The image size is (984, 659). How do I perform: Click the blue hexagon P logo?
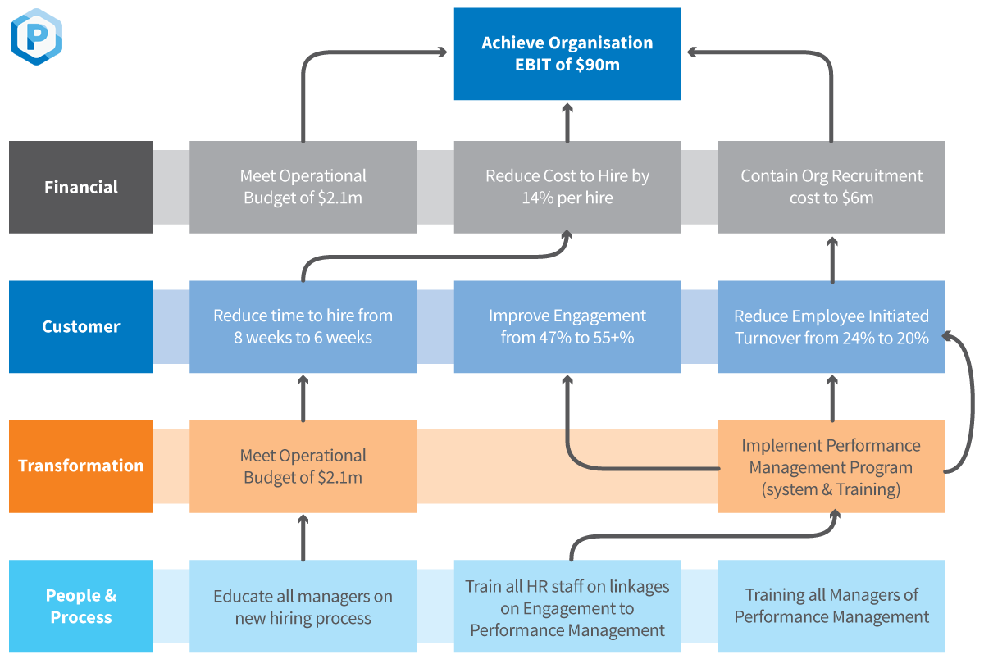tap(36, 37)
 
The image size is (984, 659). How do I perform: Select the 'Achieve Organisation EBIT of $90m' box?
tap(567, 54)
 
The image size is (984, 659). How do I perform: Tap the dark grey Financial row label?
tap(81, 187)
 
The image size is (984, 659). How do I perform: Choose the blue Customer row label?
tap(81, 327)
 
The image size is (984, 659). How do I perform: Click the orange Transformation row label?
tap(81, 466)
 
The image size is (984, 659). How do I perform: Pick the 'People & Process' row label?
tap(81, 607)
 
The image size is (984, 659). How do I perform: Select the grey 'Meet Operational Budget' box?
tap(303, 187)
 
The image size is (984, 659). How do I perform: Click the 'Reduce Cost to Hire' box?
tap(567, 187)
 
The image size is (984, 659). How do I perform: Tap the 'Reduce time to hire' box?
tap(303, 327)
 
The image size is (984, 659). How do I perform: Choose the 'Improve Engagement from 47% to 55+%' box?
tap(567, 327)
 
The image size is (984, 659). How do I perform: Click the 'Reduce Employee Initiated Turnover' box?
tap(831, 327)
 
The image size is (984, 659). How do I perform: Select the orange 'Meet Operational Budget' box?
tap(303, 466)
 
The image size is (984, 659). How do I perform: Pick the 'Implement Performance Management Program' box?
tap(831, 466)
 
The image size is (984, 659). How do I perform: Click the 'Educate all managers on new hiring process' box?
tap(303, 607)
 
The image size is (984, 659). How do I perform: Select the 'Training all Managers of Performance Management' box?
tap(831, 607)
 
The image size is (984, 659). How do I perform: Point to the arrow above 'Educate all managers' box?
tap(303, 537)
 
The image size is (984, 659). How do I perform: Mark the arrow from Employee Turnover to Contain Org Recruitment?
tap(832, 257)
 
